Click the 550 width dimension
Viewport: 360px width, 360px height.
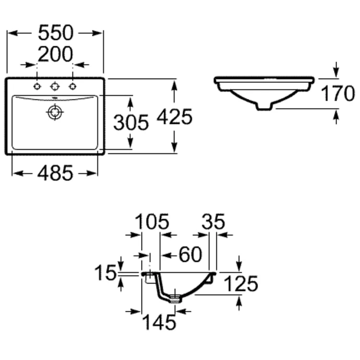(x=56, y=33)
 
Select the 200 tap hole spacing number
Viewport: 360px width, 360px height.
(x=55, y=54)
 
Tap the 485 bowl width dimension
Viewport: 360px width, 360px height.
(x=55, y=173)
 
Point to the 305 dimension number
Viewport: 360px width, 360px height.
(x=131, y=122)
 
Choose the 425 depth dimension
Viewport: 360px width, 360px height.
(x=175, y=117)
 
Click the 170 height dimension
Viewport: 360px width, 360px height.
(x=338, y=93)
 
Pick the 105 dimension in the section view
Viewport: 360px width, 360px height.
(x=152, y=222)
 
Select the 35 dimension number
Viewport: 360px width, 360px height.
(x=213, y=222)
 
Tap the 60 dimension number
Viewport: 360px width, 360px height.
(x=191, y=254)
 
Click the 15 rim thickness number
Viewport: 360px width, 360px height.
(x=106, y=273)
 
